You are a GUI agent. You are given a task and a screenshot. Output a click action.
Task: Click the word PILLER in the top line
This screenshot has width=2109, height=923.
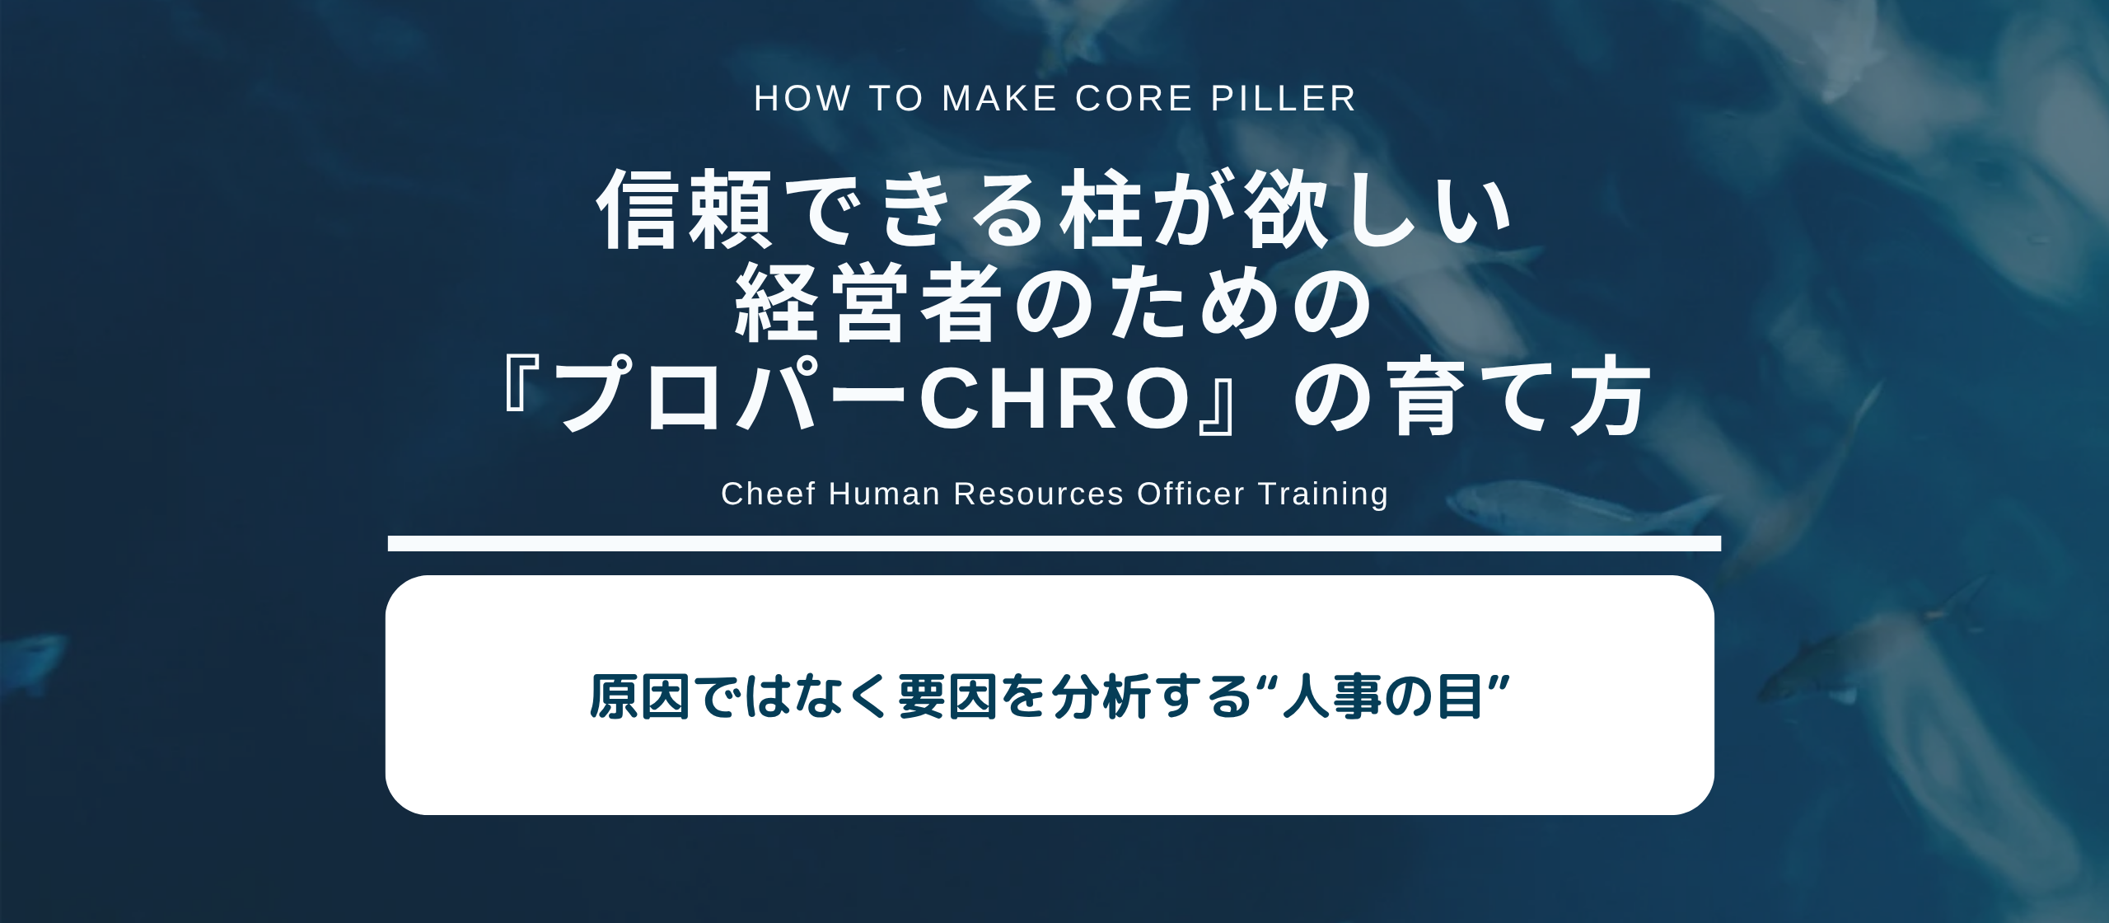[x=1283, y=99]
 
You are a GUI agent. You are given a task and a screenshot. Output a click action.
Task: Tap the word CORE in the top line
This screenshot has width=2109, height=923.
[x=1134, y=99]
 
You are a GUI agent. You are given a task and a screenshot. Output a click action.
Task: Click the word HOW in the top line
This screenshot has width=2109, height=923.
[x=802, y=99]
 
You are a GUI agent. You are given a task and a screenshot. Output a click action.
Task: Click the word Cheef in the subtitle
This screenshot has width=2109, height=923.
[x=768, y=494]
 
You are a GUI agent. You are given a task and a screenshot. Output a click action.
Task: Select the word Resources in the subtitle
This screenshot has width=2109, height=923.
[x=1038, y=494]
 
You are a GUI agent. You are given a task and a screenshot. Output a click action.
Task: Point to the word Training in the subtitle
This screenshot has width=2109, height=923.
[x=1323, y=494]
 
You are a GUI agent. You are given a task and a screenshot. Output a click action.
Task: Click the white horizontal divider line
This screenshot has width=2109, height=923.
[x=1054, y=543]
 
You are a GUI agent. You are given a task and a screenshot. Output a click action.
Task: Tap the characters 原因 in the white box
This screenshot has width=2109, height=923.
[x=639, y=696]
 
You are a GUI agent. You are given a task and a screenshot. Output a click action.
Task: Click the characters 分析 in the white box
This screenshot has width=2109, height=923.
[x=1101, y=696]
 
